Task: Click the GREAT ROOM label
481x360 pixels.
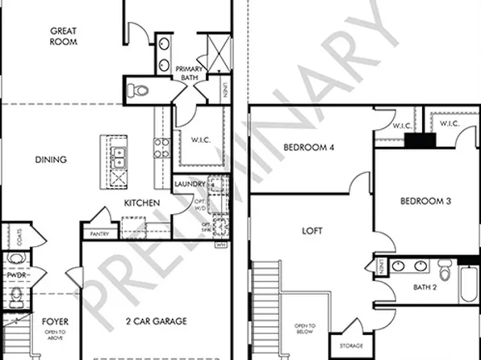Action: [64, 36]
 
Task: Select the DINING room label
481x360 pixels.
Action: [51, 159]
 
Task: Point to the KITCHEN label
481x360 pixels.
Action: [141, 203]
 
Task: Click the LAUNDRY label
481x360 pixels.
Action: [190, 184]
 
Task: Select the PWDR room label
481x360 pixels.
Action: [16, 274]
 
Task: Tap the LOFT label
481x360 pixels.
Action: [312, 231]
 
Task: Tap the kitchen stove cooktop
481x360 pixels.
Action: [161, 148]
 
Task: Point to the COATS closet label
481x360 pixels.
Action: [19, 236]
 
